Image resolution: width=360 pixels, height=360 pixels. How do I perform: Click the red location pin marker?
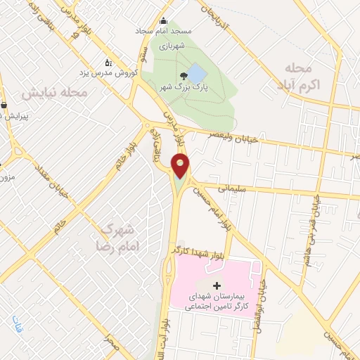[181, 166]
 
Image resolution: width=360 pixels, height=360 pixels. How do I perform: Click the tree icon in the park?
[184, 75]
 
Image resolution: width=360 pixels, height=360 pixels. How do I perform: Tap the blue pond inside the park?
[197, 73]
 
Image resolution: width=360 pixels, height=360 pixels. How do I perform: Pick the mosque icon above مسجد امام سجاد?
[165, 20]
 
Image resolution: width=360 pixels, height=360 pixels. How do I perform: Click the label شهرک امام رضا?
[118, 238]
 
